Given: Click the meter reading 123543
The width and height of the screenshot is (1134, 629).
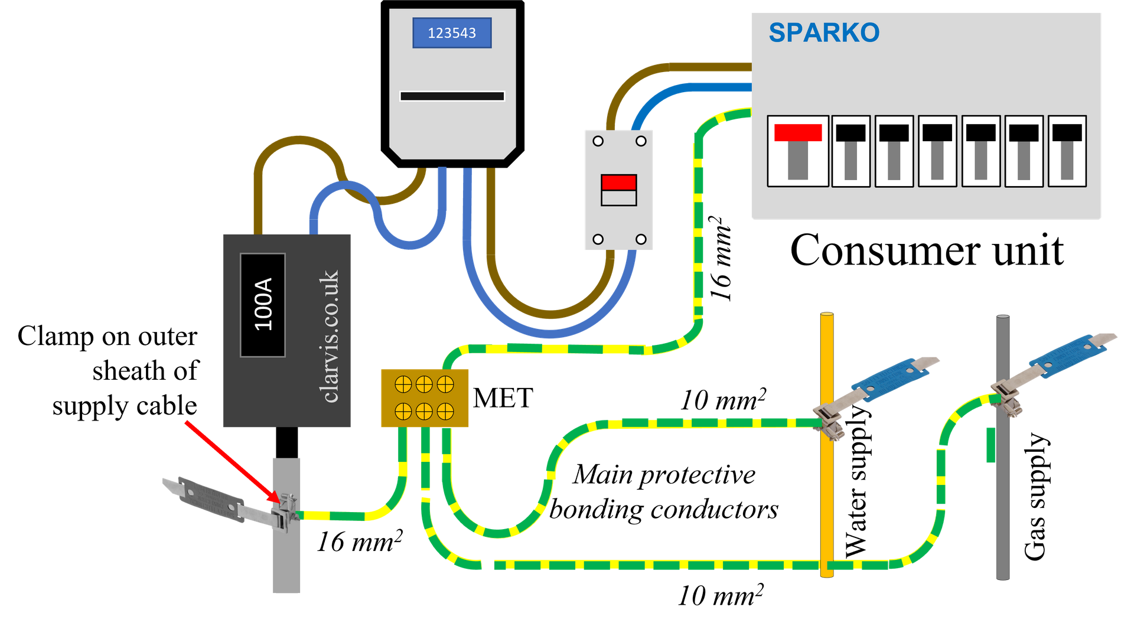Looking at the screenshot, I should (452, 33).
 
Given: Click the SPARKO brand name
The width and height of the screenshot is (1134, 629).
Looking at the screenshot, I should (824, 33).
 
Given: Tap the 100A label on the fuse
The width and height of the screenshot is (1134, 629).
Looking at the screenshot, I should (263, 305).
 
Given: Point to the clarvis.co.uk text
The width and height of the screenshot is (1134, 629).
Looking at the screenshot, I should (329, 337).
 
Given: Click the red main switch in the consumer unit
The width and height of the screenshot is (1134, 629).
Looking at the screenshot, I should (797, 133).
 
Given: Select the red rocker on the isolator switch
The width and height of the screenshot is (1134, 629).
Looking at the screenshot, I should (618, 182).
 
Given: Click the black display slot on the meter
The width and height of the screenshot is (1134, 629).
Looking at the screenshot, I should (452, 96).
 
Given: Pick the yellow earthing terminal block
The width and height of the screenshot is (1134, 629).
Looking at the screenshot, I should (425, 397).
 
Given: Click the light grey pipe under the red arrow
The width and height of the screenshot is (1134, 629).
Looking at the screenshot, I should (286, 561).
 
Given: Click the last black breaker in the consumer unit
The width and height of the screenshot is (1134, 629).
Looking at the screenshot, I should (1067, 151).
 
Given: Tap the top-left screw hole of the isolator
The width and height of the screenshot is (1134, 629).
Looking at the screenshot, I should (598, 141).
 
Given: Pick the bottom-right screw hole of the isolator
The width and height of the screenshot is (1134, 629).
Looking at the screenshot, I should (641, 239).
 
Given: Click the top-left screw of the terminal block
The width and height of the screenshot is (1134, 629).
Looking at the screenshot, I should (403, 384).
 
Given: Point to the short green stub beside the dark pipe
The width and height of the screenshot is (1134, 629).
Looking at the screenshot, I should (990, 446).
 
